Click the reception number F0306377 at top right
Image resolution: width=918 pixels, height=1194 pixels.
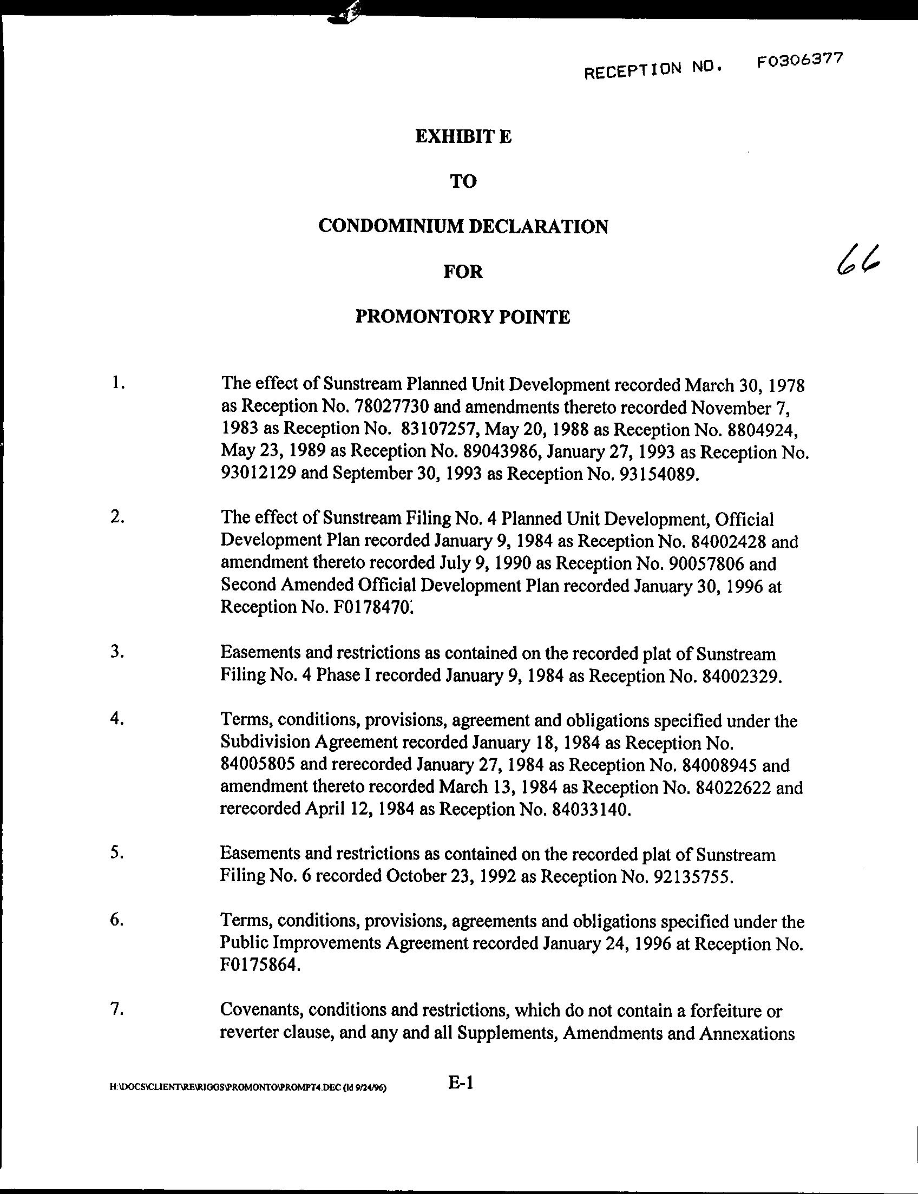(799, 60)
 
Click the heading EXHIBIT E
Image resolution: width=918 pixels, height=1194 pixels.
(463, 136)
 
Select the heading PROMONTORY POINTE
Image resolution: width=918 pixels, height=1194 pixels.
(463, 317)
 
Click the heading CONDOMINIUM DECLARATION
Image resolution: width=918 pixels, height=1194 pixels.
(463, 226)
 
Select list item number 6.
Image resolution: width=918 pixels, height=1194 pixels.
(116, 920)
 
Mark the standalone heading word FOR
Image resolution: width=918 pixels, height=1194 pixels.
(463, 272)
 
